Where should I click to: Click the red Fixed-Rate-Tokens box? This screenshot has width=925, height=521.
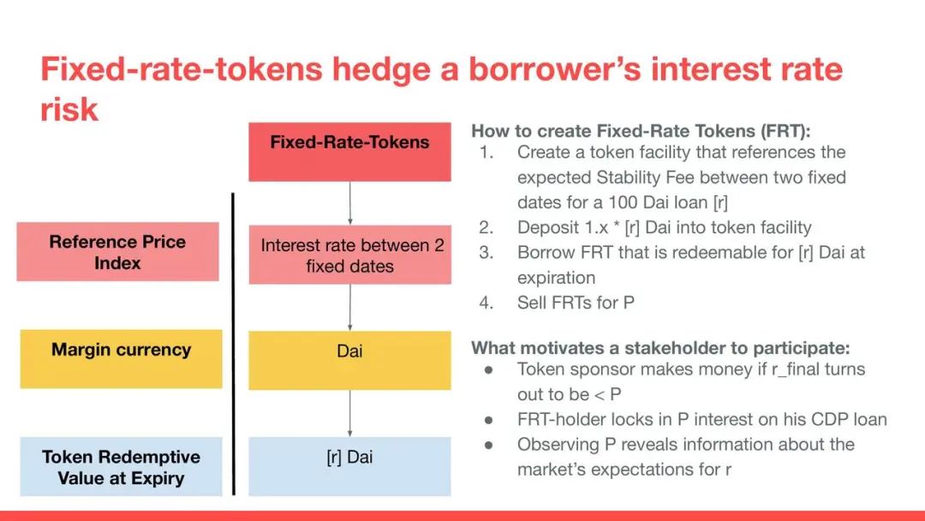tap(349, 152)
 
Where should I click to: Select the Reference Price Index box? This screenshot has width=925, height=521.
tap(118, 251)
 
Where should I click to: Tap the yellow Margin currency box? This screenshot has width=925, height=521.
tap(121, 359)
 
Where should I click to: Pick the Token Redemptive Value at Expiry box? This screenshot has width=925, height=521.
tap(121, 466)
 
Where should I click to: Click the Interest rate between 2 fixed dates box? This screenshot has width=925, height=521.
tap(349, 255)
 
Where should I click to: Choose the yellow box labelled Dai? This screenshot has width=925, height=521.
tap(349, 360)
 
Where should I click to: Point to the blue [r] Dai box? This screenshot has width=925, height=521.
tap(349, 466)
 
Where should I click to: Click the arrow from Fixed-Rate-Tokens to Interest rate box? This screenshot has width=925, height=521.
tap(349, 203)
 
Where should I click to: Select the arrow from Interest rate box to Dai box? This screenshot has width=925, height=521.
tap(349, 308)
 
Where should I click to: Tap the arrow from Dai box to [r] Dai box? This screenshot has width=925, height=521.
tap(349, 413)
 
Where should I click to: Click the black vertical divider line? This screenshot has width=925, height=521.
tap(233, 344)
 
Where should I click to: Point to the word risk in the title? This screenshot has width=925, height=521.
tap(69, 110)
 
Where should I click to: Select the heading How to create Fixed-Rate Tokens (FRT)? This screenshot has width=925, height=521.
tap(641, 131)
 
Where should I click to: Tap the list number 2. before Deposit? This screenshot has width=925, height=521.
tap(486, 228)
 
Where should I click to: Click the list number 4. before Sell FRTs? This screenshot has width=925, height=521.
tap(486, 302)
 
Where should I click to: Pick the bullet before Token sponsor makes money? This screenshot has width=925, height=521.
tap(488, 370)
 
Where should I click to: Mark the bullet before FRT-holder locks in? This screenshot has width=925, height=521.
tap(488, 420)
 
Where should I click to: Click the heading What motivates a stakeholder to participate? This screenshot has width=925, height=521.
tap(660, 348)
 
